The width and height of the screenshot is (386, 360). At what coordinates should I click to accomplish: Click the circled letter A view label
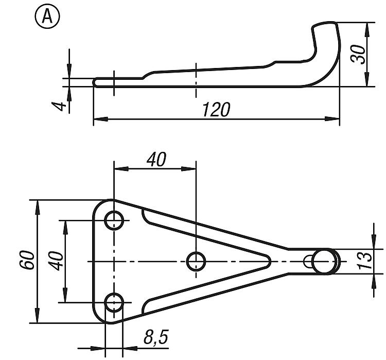[x=47, y=17]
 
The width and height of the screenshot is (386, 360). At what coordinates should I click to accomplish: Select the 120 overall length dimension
[x=216, y=109]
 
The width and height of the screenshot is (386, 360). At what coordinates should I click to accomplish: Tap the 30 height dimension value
[x=358, y=55]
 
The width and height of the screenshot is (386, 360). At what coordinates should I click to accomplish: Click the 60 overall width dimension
[x=26, y=260]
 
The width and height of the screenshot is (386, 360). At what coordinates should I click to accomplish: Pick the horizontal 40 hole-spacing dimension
[x=156, y=159]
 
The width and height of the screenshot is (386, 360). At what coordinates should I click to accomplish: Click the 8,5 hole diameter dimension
[x=156, y=337]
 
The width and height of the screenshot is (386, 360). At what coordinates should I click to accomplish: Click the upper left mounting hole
[x=114, y=220]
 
